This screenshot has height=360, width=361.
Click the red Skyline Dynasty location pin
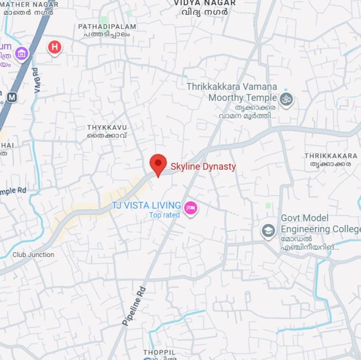click(x=158, y=164)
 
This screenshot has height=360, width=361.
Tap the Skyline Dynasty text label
click(x=203, y=167)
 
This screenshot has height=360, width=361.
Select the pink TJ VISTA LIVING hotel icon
click(x=191, y=207)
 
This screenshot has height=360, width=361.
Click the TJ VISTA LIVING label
click(x=147, y=205)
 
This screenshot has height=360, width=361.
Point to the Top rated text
click(x=164, y=215)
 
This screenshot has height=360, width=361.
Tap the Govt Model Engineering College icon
click(x=268, y=231)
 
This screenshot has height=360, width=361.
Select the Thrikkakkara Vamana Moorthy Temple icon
click(x=287, y=99)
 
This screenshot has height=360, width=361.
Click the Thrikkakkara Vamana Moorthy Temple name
click(x=232, y=92)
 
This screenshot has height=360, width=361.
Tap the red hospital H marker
click(x=54, y=47)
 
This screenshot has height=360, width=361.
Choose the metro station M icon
click(x=12, y=97)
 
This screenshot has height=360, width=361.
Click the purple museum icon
click(x=21, y=54)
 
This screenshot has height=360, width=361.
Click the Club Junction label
click(x=33, y=254)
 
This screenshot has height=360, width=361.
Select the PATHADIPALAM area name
click(x=107, y=27)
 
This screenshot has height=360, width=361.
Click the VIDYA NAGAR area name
click(x=205, y=3)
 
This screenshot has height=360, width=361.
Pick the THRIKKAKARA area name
click(x=331, y=156)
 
